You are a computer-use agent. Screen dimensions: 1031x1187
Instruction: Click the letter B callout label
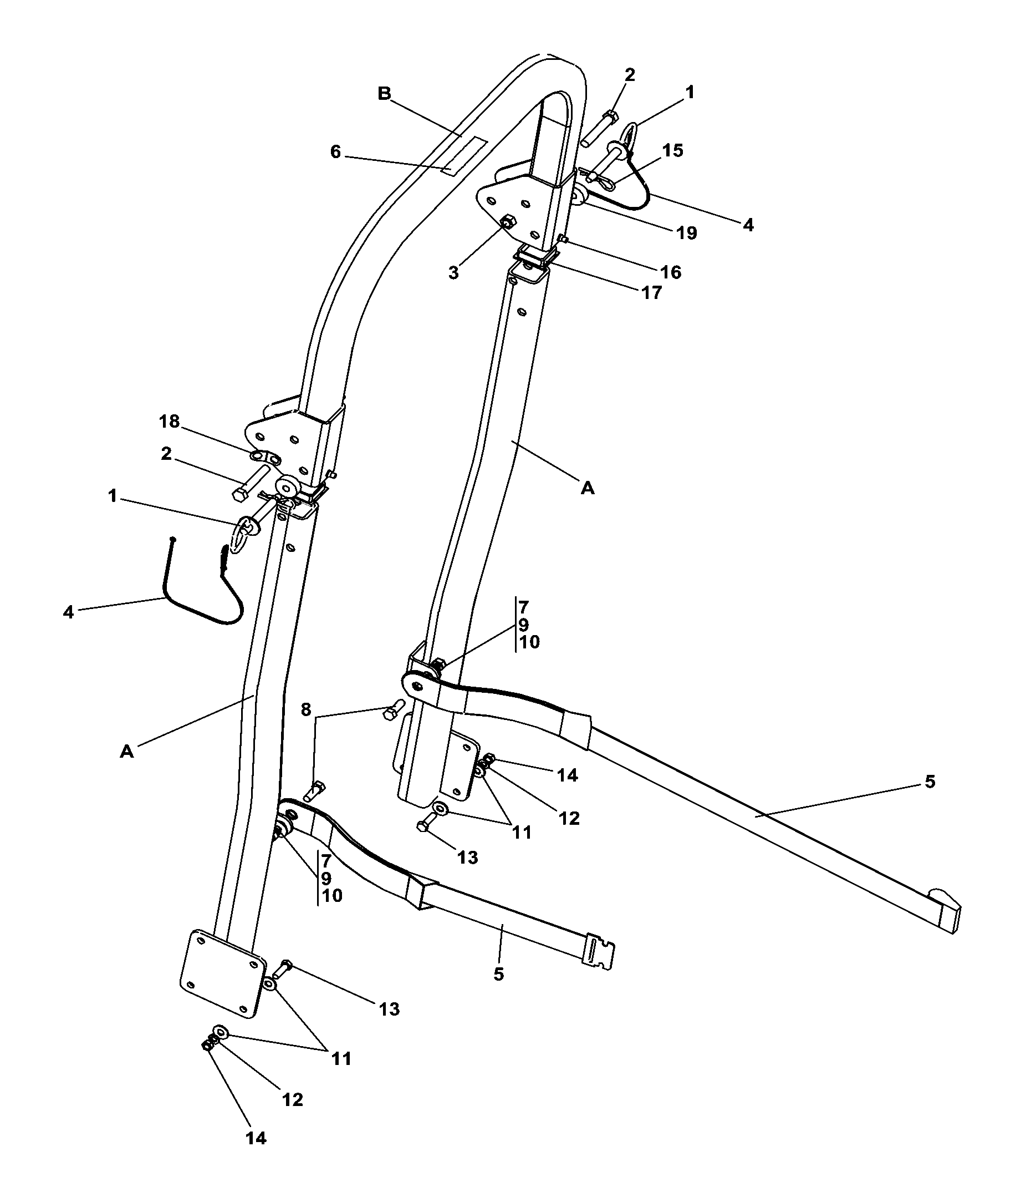tap(384, 93)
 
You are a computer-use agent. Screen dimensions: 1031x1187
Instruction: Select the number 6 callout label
tap(335, 152)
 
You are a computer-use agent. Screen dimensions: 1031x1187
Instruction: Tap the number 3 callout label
tap(454, 273)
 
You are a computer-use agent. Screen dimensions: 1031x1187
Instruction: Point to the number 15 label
tap(672, 150)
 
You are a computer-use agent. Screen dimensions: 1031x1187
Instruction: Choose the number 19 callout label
tap(686, 232)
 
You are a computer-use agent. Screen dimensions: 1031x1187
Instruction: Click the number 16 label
tap(670, 272)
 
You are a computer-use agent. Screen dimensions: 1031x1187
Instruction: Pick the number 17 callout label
tap(651, 292)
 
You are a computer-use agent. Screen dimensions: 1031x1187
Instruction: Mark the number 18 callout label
tap(169, 422)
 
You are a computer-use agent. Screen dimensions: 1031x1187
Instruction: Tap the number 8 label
tap(305, 709)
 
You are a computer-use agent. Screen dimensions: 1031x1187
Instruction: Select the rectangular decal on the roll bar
tap(464, 155)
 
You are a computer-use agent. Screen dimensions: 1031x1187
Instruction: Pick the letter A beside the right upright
tap(588, 488)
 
